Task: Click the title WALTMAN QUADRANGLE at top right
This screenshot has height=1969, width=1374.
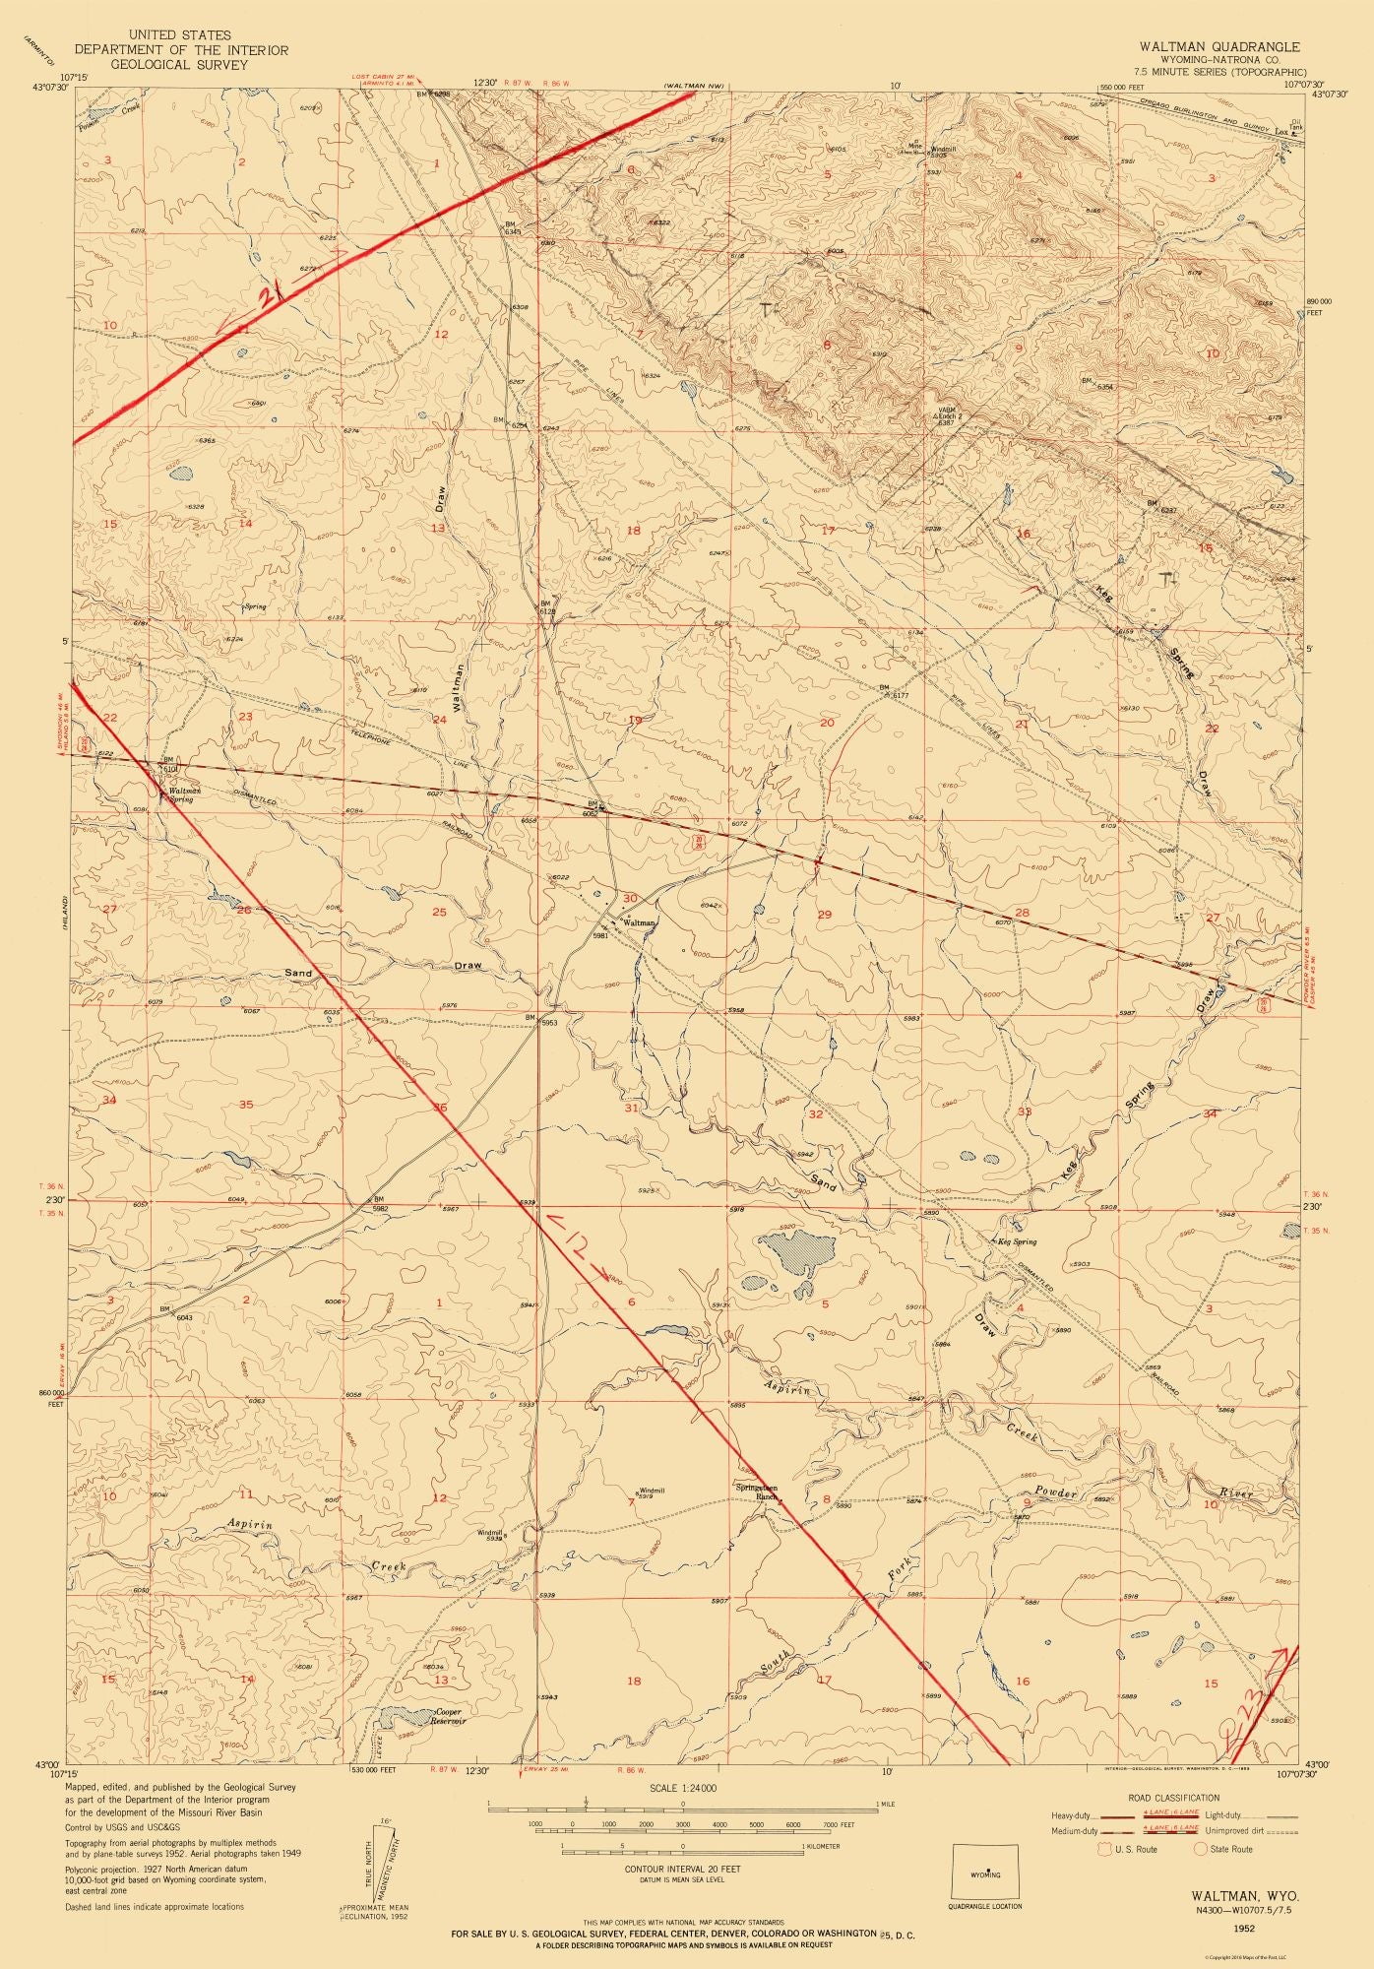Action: (x=1219, y=46)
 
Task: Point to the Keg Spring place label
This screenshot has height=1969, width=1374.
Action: (x=1019, y=1242)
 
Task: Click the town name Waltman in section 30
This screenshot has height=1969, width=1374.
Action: (x=637, y=922)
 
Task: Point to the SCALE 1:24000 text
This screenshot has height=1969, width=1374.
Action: (x=681, y=1788)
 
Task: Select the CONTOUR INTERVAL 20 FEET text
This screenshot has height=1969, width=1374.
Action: (x=682, y=1868)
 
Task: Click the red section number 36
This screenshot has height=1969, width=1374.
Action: (x=440, y=1109)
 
